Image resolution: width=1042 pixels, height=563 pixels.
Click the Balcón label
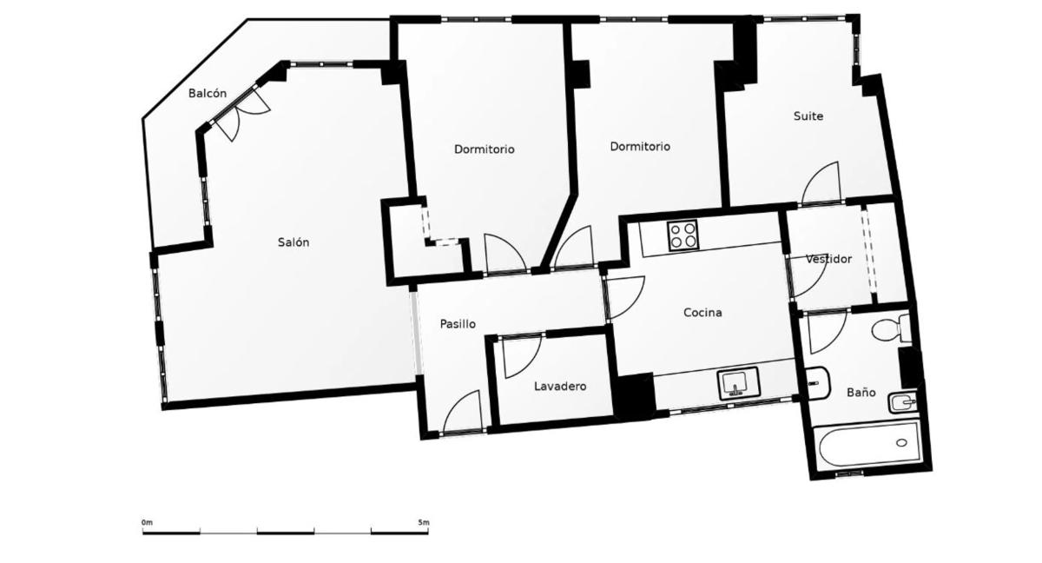(208, 94)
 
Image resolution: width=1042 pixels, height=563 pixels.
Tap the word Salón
(293, 242)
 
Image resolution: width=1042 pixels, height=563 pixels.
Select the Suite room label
(808, 116)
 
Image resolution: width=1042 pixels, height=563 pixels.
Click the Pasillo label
(458, 324)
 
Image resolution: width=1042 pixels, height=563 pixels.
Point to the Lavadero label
(560, 386)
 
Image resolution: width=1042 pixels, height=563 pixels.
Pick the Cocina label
(702, 313)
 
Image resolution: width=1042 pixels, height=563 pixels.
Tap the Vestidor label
(828, 259)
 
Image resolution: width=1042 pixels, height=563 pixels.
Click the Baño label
(861, 392)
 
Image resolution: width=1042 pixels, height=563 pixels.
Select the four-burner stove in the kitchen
(683, 235)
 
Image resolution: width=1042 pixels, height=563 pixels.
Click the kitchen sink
(738, 383)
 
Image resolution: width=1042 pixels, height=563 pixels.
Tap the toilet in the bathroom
(891, 329)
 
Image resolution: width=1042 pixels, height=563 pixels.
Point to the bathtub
(867, 446)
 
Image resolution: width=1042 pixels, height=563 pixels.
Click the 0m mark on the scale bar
(147, 522)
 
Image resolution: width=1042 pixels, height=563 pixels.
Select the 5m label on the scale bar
(424, 522)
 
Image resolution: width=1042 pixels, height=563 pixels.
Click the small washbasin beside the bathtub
(902, 402)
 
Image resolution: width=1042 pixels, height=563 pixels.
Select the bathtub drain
(901, 442)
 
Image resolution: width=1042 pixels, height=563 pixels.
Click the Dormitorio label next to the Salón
(485, 149)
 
